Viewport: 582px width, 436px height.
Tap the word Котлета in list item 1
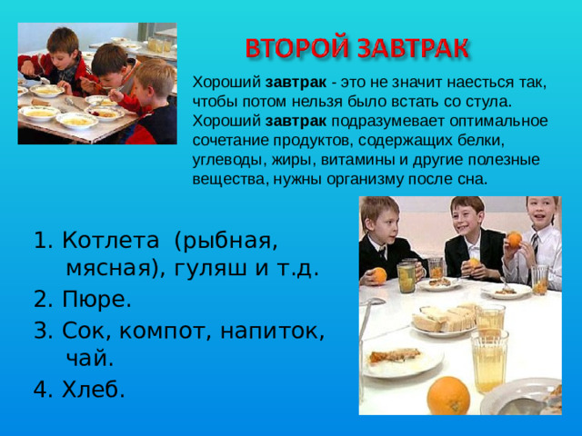coord(107,242)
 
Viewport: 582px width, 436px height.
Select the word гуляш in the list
coord(215,269)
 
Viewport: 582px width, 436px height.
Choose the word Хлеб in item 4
coord(93,389)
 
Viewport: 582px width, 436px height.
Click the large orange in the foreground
coord(447,395)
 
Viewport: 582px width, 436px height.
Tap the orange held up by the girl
coord(514,240)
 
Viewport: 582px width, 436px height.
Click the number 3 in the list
coord(40,329)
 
